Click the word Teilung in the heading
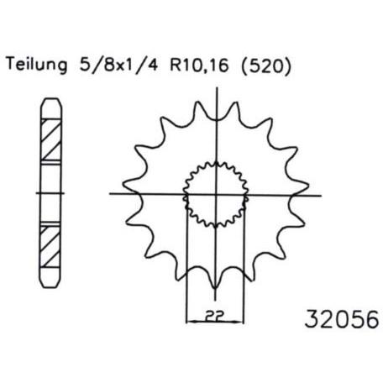37,65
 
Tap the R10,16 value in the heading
199,66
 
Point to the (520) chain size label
266,66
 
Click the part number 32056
342,319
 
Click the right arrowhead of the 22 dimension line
240,322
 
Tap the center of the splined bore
216,194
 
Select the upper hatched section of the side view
51,140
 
